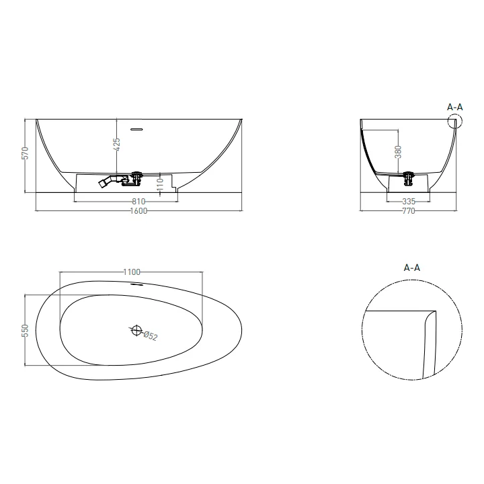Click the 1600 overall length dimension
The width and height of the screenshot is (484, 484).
tap(138, 211)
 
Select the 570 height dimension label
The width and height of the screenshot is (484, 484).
tap(26, 153)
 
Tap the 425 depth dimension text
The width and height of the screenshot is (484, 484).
tap(117, 145)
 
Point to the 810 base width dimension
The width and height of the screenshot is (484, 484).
tap(138, 202)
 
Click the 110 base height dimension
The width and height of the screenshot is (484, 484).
tap(160, 184)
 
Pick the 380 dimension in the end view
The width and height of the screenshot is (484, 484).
tap(398, 151)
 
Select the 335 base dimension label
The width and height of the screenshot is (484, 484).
tap(409, 202)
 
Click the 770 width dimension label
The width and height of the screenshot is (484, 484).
tap(409, 211)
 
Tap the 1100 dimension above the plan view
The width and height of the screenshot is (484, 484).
tap(132, 272)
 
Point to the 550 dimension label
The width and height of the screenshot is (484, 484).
tap(26, 330)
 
